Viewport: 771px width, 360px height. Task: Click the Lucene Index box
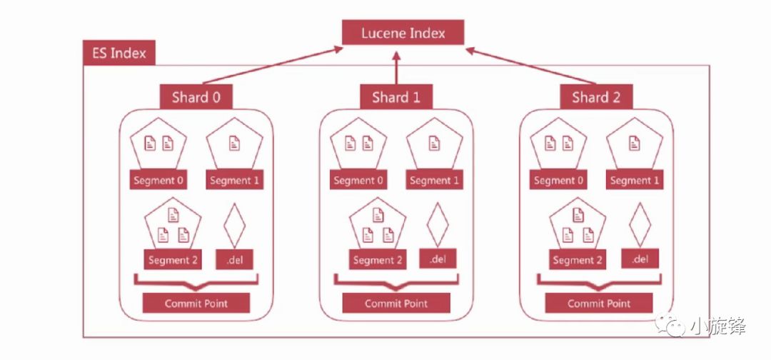pos(403,33)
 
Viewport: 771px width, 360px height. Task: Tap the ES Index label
pos(119,54)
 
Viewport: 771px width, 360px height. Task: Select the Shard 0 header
pos(196,97)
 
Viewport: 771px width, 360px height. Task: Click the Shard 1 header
pos(395,97)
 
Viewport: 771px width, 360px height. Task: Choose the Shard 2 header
pos(595,97)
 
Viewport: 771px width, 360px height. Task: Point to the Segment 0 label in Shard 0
pos(158,180)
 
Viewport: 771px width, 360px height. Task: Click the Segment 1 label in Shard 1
pos(435,180)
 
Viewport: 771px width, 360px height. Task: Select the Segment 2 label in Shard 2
pos(578,260)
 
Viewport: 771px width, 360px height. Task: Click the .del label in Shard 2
pos(640,259)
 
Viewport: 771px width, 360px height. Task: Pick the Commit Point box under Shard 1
pos(396,304)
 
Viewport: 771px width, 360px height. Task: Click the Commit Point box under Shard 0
pos(196,304)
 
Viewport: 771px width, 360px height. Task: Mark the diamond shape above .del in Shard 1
pos(438,224)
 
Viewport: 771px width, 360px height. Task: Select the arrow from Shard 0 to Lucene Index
pos(271,66)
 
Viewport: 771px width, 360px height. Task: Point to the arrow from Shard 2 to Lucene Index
pos(532,66)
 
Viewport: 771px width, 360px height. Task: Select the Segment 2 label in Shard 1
pos(378,260)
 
